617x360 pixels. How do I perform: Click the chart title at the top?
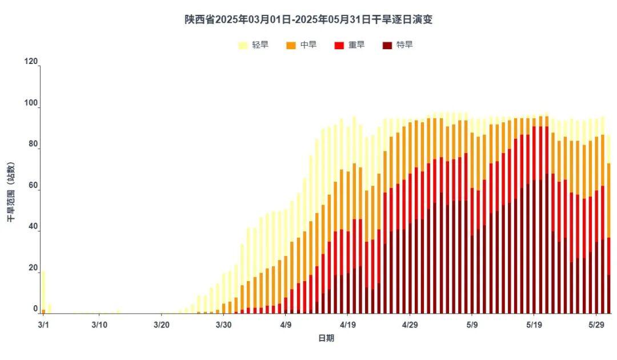308,19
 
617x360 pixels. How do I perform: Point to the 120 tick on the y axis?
31,61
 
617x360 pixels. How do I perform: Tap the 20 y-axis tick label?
33,267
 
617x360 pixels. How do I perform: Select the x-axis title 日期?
326,338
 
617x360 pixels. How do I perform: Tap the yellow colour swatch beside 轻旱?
243,45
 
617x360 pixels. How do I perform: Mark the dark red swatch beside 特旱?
387,45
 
